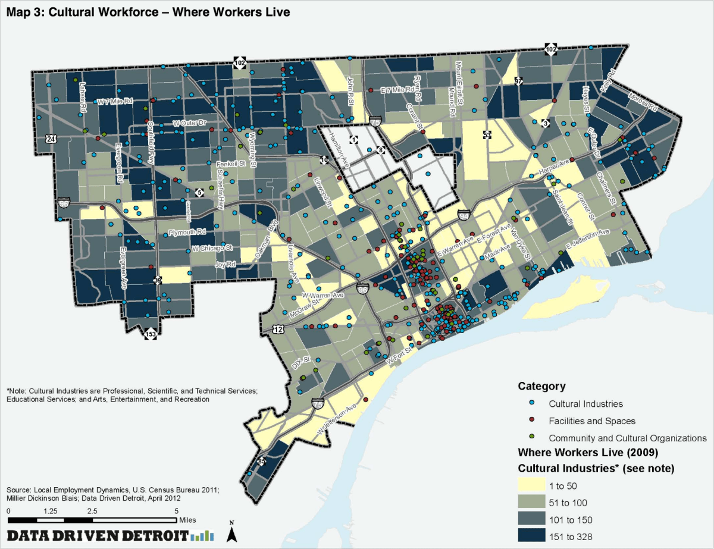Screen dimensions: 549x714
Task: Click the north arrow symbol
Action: coord(233,534)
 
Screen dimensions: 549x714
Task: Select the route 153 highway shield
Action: coord(151,335)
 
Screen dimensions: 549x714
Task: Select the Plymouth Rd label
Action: coord(187,232)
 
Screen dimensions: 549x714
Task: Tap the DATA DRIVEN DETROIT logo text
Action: coord(98,534)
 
